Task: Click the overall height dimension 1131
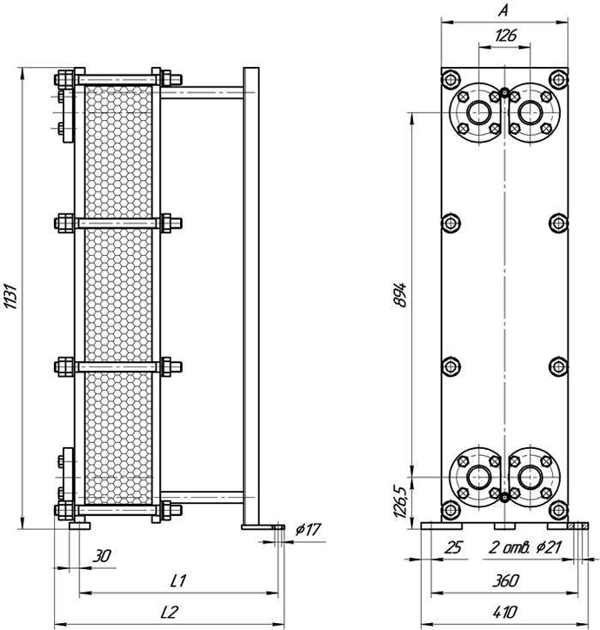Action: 11,297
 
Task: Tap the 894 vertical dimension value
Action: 400,295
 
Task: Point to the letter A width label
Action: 503,10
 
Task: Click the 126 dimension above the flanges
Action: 505,36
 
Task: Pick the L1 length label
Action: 178,580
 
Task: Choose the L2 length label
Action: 169,612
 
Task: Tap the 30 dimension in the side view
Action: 102,557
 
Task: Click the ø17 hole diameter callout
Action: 309,530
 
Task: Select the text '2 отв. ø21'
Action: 524,547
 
